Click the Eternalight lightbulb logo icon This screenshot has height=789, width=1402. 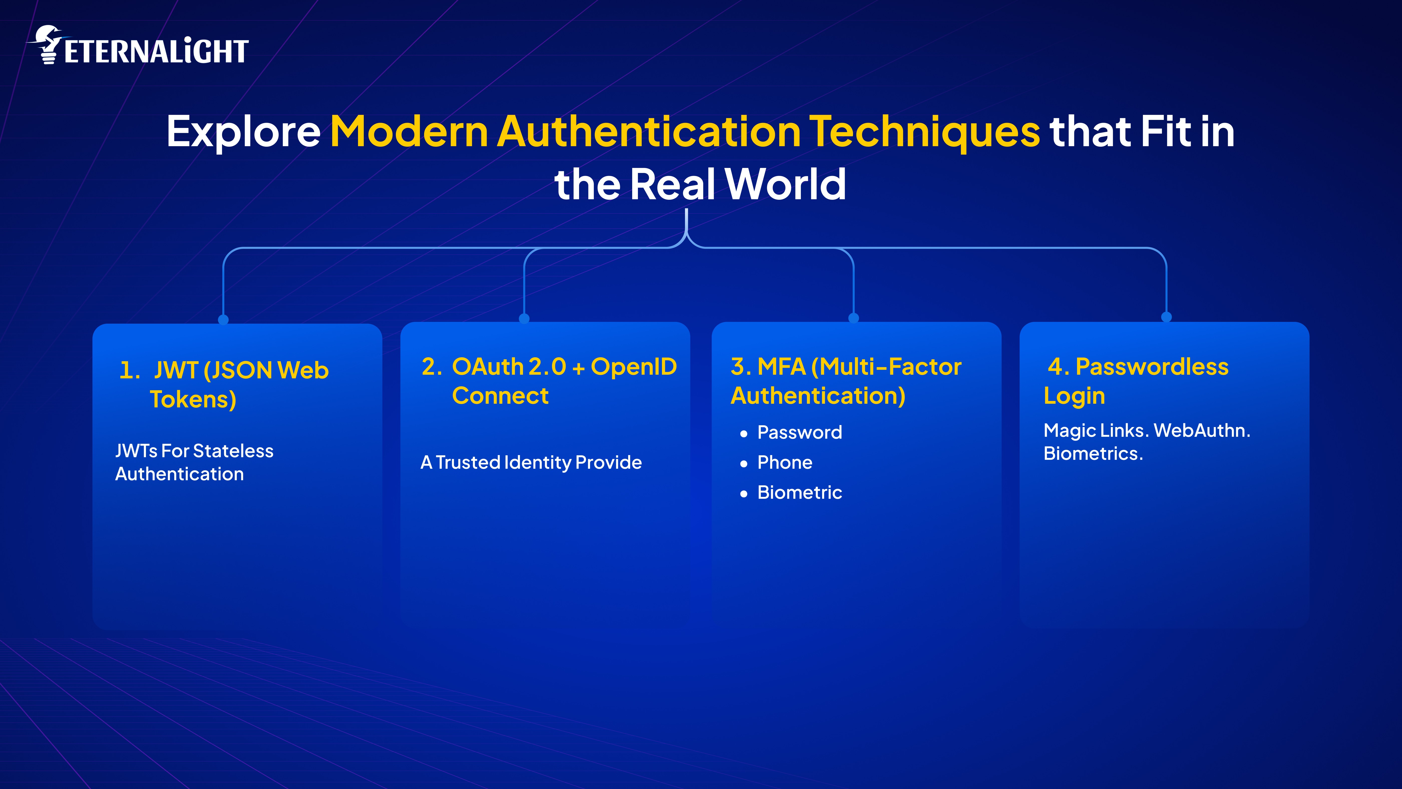tap(48, 45)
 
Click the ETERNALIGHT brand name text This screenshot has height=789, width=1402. tap(156, 52)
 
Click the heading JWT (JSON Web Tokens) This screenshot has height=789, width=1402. tap(224, 384)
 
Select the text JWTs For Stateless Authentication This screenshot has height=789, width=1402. tap(194, 462)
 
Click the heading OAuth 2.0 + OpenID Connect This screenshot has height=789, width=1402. tap(549, 381)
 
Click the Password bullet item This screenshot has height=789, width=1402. tap(799, 432)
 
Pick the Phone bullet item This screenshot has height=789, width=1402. tap(784, 462)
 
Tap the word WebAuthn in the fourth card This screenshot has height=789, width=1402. tap(1201, 430)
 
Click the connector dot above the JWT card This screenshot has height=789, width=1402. tap(223, 319)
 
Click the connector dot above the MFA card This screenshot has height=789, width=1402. tap(853, 318)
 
